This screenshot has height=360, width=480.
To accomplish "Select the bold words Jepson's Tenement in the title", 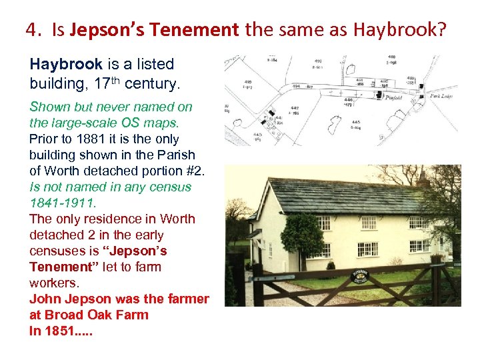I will [154, 30].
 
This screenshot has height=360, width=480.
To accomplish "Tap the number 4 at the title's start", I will [31, 30].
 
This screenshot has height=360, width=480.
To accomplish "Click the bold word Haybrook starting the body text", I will [66, 65].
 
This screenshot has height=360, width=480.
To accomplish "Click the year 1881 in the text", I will [86, 139].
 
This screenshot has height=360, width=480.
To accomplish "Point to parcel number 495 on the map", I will [247, 81].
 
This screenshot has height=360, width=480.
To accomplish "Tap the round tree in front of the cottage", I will [301, 233].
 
